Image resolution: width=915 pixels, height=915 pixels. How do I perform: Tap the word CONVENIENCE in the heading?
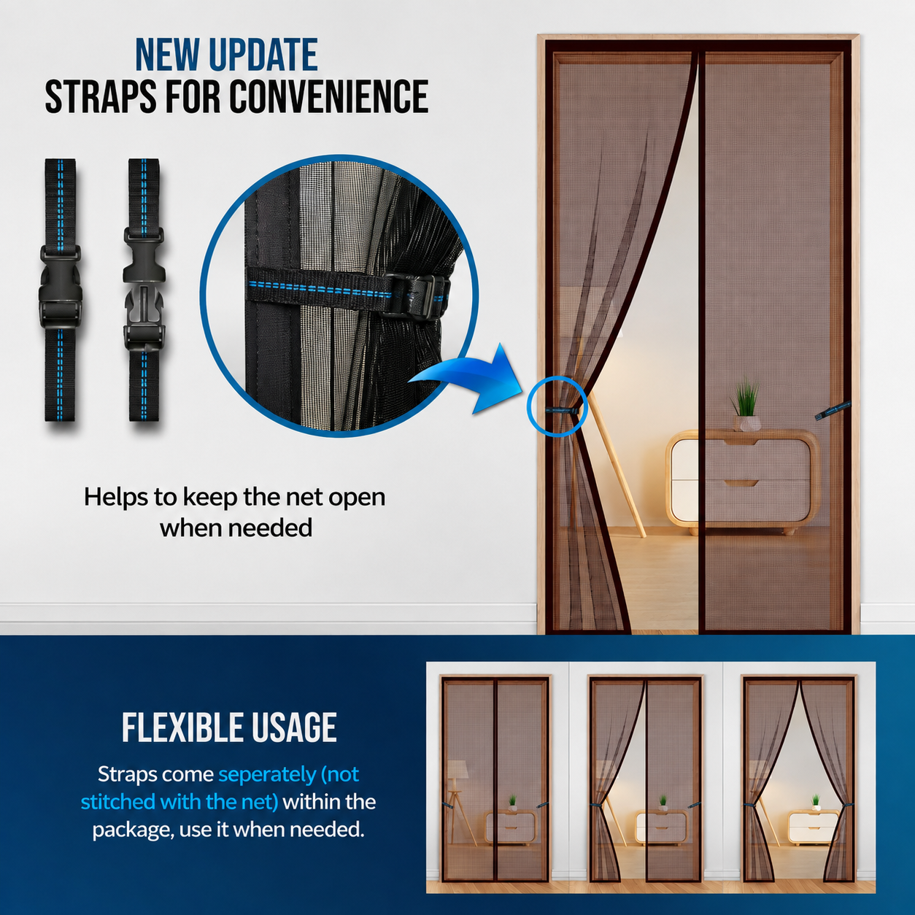(329, 96)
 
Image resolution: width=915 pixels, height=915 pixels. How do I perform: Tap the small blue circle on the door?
(557, 406)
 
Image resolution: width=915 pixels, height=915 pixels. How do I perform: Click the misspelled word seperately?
(267, 774)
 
